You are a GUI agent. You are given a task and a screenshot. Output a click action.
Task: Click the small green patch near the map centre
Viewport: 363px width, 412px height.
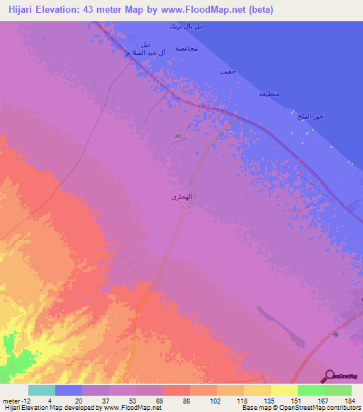[x=177, y=137]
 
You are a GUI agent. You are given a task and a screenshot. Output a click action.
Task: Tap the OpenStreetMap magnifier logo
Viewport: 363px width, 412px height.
[x=330, y=374]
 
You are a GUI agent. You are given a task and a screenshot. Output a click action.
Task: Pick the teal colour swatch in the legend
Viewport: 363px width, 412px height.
[x=42, y=390]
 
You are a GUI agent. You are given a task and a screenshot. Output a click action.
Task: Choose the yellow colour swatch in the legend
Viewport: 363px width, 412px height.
[x=284, y=390]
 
